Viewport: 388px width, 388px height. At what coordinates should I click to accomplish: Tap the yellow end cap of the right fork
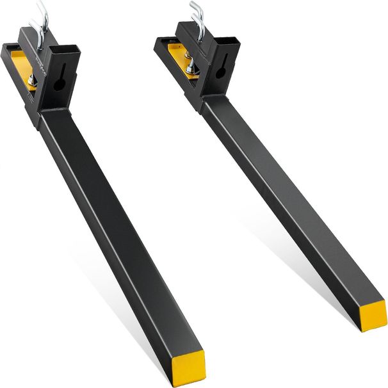click(373, 314)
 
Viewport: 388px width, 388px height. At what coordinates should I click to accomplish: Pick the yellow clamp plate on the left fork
click(22, 67)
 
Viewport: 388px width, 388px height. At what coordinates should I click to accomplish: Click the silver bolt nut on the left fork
click(31, 79)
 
